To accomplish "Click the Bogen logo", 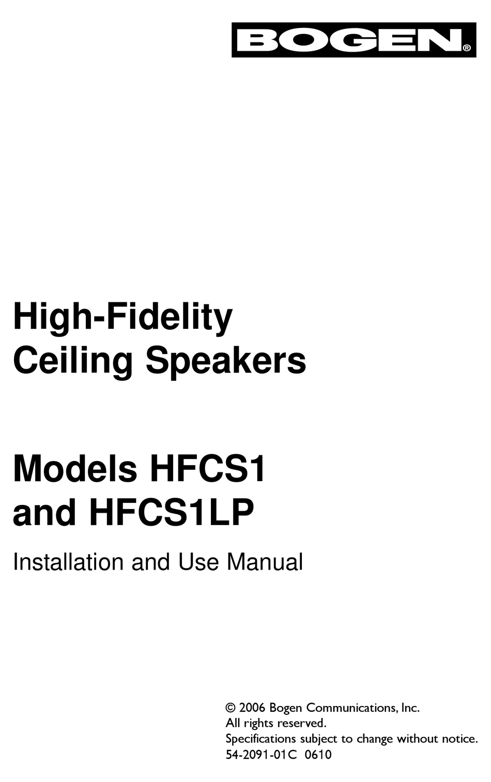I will click(x=354, y=40).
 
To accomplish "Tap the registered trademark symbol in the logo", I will click(x=466, y=48).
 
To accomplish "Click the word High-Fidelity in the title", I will click(x=123, y=317).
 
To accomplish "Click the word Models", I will click(x=75, y=469).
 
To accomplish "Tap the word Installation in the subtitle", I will click(x=68, y=562).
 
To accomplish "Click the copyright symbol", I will click(x=231, y=708).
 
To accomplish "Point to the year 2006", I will click(x=252, y=708).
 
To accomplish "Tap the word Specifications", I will click(x=261, y=739).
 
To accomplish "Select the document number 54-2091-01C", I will click(x=262, y=754).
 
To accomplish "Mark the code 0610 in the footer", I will click(x=318, y=754).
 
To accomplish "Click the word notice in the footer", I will click(x=459, y=739).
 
